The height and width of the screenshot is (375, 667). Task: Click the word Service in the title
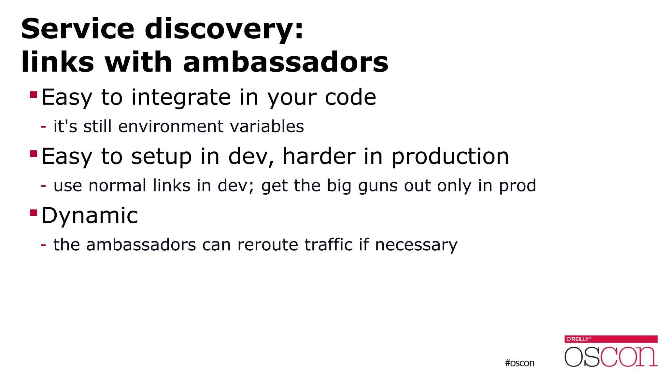[x=78, y=29]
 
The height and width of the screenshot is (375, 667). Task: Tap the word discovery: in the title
[x=224, y=29]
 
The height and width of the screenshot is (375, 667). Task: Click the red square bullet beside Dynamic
[x=33, y=213]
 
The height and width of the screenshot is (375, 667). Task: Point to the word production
[x=450, y=157]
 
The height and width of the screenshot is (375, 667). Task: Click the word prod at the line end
[x=518, y=186]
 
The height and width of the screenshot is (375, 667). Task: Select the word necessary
[x=416, y=245]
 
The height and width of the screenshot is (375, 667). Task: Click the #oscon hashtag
[x=519, y=363]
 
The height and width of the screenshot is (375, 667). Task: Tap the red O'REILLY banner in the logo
[x=611, y=339]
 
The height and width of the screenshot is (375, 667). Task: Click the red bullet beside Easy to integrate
[x=33, y=94]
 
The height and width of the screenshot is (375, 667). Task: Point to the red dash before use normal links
[x=43, y=186]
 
